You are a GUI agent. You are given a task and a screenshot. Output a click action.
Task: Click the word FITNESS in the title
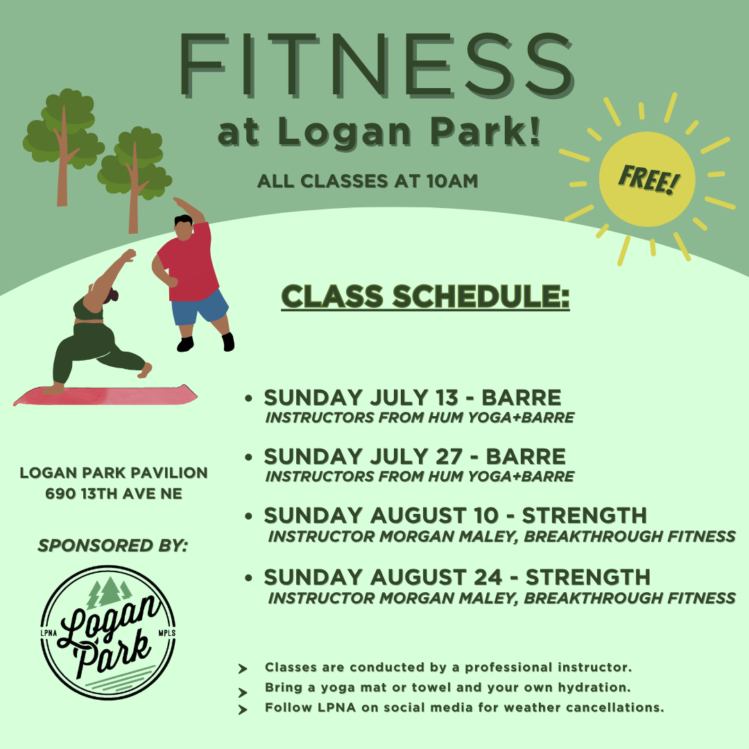pyautogui.click(x=377, y=65)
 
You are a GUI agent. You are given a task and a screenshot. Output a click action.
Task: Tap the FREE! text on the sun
pyautogui.click(x=648, y=179)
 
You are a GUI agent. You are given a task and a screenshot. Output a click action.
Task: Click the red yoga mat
pyautogui.click(x=105, y=395)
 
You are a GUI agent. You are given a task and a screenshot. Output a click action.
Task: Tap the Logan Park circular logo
pyautogui.click(x=108, y=632)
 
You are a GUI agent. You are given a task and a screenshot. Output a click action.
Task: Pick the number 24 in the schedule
pyautogui.click(x=488, y=577)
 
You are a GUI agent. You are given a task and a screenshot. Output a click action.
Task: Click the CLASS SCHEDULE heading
pyautogui.click(x=425, y=296)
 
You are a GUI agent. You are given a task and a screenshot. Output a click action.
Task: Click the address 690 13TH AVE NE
pyautogui.click(x=114, y=494)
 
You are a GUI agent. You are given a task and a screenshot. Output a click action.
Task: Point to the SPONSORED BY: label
pyautogui.click(x=113, y=545)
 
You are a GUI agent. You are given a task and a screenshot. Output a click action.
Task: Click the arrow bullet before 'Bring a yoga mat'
pyautogui.click(x=243, y=692)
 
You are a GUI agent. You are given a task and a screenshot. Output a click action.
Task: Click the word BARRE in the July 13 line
pyautogui.click(x=521, y=397)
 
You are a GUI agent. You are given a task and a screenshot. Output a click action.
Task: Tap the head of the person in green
pyautogui.click(x=111, y=295)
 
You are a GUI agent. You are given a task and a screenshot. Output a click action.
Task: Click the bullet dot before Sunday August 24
pyautogui.click(x=248, y=578)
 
